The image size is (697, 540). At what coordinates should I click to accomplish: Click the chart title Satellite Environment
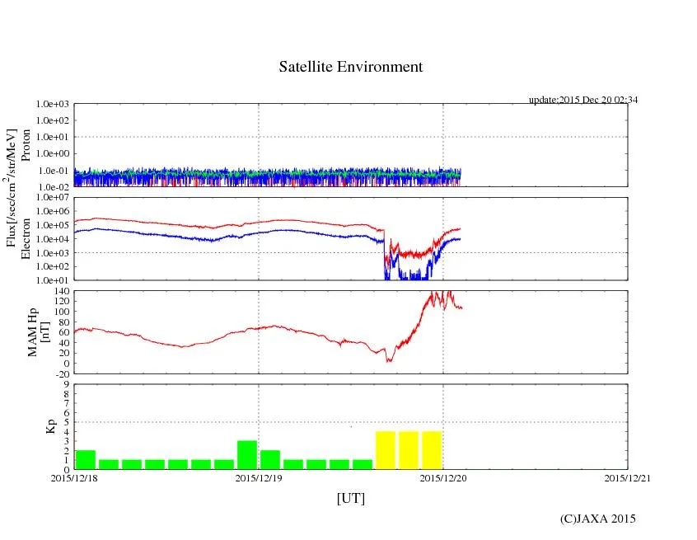[x=351, y=67]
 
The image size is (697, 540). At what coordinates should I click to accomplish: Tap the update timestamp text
[x=583, y=100]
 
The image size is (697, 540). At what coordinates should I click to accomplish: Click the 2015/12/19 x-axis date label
[x=259, y=479]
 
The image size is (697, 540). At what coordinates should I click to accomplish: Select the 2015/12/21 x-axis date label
[x=627, y=479]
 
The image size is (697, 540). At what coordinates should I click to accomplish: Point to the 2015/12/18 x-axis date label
[x=74, y=479]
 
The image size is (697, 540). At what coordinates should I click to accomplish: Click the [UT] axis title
[x=350, y=498]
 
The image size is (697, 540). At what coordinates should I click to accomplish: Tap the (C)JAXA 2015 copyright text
[x=597, y=519]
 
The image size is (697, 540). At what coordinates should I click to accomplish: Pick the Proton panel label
[x=26, y=145]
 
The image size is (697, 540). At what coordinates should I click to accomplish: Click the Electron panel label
[x=26, y=238]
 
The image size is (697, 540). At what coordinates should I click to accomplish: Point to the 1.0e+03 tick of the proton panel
[x=51, y=105]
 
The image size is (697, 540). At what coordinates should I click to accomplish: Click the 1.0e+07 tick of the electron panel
[x=51, y=198]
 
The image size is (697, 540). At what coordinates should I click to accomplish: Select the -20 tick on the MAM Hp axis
[x=59, y=373]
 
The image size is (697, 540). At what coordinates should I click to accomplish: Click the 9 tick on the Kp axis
[x=66, y=384]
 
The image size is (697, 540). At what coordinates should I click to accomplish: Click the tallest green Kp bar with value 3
[x=247, y=455]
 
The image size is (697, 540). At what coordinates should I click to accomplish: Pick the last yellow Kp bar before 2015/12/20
[x=432, y=450]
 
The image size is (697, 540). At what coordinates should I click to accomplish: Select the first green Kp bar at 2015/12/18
[x=86, y=460]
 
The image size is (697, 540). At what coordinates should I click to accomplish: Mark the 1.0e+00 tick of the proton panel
[x=51, y=154]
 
